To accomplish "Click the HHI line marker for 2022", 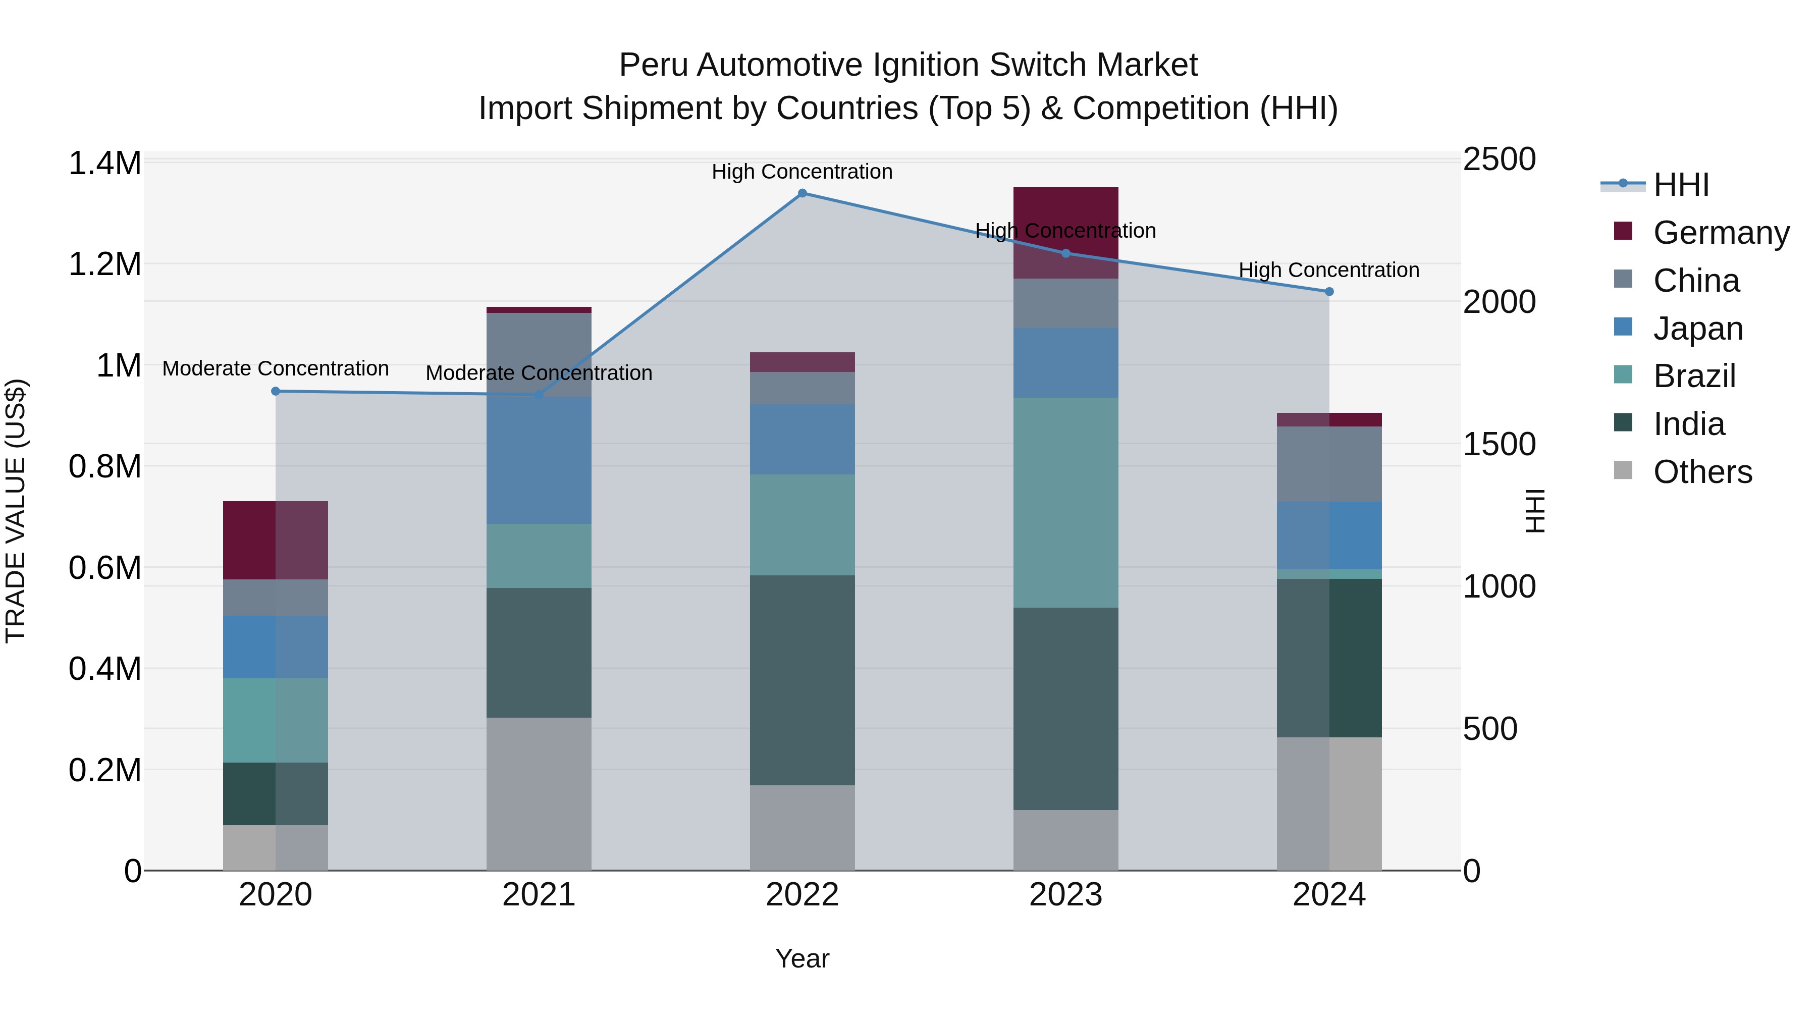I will tap(802, 193).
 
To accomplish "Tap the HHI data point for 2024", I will tap(1329, 291).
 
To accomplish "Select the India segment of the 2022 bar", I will tap(802, 680).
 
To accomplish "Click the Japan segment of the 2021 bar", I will tap(539, 460).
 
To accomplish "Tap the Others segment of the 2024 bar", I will tap(1329, 803).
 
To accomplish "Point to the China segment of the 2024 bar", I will tap(1329, 464).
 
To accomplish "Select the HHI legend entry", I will tap(1680, 185).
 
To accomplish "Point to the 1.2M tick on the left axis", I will tap(104, 264).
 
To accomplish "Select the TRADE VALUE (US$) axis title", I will tap(16, 511).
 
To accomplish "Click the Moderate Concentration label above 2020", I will tap(276, 369).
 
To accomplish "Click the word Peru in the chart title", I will tap(653, 65).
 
